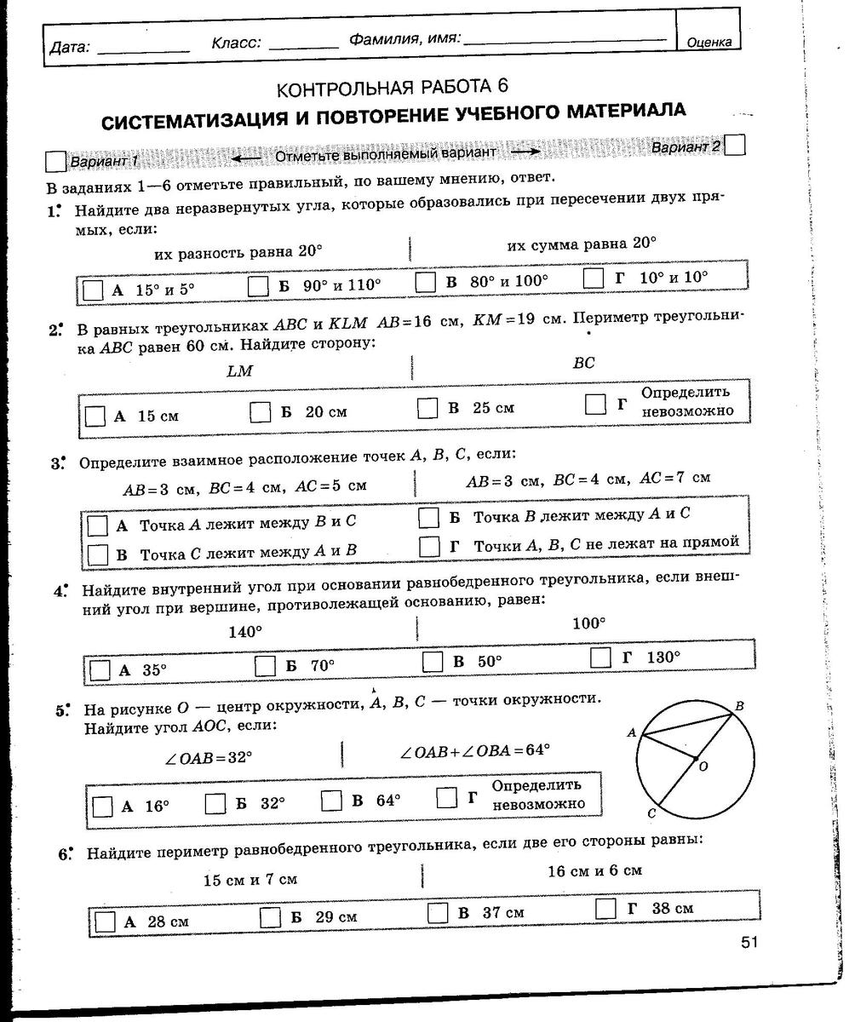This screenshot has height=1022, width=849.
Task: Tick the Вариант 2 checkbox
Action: coord(735,145)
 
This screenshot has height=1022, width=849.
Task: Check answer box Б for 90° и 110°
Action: coord(259,286)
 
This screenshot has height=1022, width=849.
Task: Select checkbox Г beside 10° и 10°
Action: coord(594,278)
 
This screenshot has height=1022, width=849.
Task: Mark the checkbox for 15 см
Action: coord(95,416)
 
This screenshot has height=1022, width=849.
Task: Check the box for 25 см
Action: coord(427,409)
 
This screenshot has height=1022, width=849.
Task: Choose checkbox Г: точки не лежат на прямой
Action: coord(431,545)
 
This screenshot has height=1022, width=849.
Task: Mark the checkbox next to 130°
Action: coord(601,657)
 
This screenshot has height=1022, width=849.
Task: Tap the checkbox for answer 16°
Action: coord(102,807)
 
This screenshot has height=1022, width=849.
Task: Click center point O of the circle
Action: coord(695,758)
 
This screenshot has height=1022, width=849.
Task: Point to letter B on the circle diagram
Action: coord(739,706)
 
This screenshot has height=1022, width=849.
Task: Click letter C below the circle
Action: coord(651,814)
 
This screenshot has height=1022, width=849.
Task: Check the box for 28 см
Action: coord(106,922)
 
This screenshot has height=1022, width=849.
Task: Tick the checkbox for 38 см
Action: coord(605,909)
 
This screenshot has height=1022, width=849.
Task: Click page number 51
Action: coord(749,941)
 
